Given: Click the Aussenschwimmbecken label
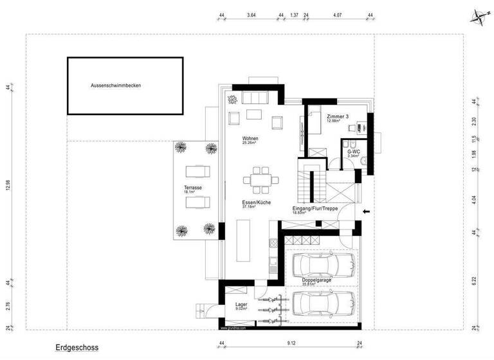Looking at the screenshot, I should pos(115,85).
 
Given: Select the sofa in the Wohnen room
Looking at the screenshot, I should pos(255,97).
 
